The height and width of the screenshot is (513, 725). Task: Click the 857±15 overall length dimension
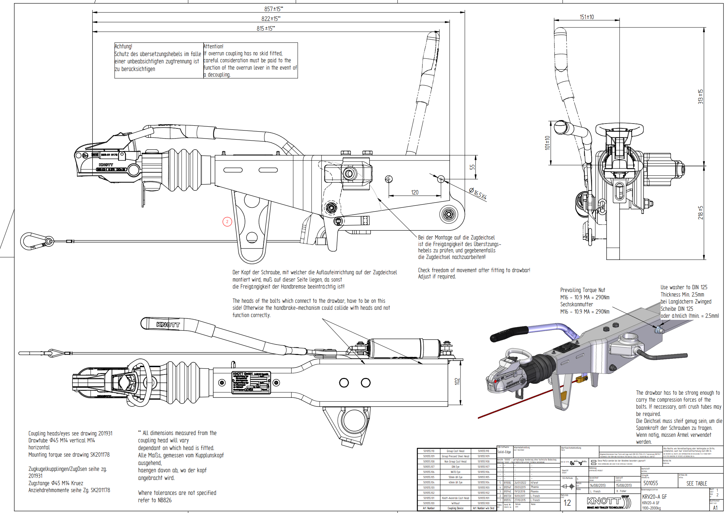[x=273, y=9]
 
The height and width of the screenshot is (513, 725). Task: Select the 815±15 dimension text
[x=266, y=28]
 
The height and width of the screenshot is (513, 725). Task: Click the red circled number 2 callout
[x=227, y=222]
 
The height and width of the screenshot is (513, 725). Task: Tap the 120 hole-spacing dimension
[x=415, y=192]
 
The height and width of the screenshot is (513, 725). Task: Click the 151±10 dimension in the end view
[x=586, y=17]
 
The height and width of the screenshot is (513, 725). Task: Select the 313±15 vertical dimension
[x=700, y=96]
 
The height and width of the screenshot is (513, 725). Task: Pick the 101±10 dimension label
[x=547, y=143]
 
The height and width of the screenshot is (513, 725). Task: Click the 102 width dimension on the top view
[x=457, y=381]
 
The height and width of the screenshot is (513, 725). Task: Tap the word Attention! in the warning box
[x=213, y=46]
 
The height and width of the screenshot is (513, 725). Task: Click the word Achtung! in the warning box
[x=124, y=46]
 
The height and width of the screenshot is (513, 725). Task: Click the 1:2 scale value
[x=567, y=503]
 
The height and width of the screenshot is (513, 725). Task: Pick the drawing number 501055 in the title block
[x=651, y=483]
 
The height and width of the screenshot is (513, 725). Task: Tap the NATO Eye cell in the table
[x=455, y=472]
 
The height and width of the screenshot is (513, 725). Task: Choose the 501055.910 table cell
[x=483, y=451]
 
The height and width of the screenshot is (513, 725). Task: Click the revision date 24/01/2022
[x=520, y=483]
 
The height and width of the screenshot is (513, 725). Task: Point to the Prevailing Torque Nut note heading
[x=583, y=290]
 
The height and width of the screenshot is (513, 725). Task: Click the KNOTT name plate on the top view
[x=251, y=382]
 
